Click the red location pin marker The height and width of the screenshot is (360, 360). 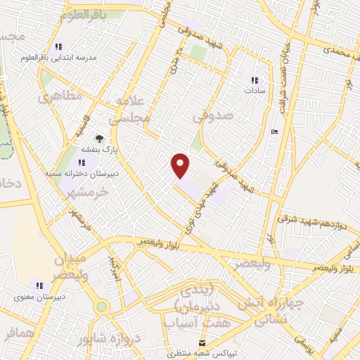(181, 166)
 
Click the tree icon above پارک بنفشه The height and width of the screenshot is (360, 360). (99, 139)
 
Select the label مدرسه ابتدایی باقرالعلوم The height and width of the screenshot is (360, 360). (69, 58)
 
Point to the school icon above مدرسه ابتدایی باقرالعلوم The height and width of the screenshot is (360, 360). (68, 48)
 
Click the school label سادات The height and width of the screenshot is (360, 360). (254, 91)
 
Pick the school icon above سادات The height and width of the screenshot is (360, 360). (254, 80)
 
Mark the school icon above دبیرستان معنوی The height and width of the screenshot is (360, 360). (40, 285)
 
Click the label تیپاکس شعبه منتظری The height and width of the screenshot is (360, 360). (202, 354)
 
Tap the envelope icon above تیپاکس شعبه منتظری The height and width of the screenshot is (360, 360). (202, 343)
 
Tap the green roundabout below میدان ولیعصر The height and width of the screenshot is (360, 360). (103, 307)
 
